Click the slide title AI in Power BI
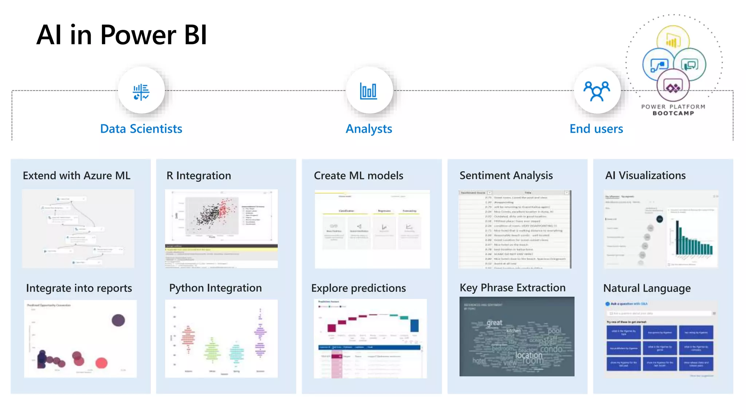pyautogui.click(x=122, y=35)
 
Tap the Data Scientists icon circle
pyautogui.click(x=141, y=91)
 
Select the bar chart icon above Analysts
pyautogui.click(x=369, y=91)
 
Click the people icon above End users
pyautogui.click(x=597, y=91)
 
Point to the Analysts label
pyautogui.click(x=369, y=129)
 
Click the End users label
pyautogui.click(x=596, y=129)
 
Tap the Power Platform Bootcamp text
pyautogui.click(x=673, y=110)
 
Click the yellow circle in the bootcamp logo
pyautogui.click(x=673, y=39)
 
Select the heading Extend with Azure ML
pyautogui.click(x=76, y=176)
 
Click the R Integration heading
pyautogui.click(x=199, y=176)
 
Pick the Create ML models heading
pyautogui.click(x=358, y=176)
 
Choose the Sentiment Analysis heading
pyautogui.click(x=506, y=176)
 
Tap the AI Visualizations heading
pyautogui.click(x=645, y=176)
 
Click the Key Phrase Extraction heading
pyautogui.click(x=513, y=288)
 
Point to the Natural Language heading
pyautogui.click(x=647, y=288)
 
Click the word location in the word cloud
pyautogui.click(x=529, y=355)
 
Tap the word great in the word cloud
pyautogui.click(x=494, y=323)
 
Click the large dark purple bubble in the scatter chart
pyautogui.click(x=118, y=320)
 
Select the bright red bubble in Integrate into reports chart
pyautogui.click(x=102, y=363)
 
